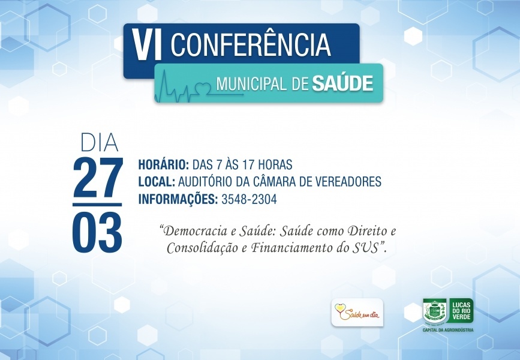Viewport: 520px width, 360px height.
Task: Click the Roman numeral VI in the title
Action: [146, 45]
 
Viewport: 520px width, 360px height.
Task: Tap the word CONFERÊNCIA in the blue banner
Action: [251, 44]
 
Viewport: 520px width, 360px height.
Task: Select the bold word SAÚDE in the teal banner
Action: [342, 83]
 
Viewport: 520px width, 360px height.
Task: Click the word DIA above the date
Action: [100, 143]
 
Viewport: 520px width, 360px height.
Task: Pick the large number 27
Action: [98, 178]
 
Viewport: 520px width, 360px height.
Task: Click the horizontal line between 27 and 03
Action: [97, 205]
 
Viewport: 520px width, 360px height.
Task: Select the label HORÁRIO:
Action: [164, 164]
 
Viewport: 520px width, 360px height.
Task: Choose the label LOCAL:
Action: [157, 182]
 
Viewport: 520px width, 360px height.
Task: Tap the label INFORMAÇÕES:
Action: [178, 199]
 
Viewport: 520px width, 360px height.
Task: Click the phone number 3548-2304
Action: [249, 199]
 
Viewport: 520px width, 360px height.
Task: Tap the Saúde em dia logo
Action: [357, 312]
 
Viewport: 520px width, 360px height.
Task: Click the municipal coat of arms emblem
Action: [434, 311]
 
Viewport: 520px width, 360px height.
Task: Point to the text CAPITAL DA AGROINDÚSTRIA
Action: [448, 330]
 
